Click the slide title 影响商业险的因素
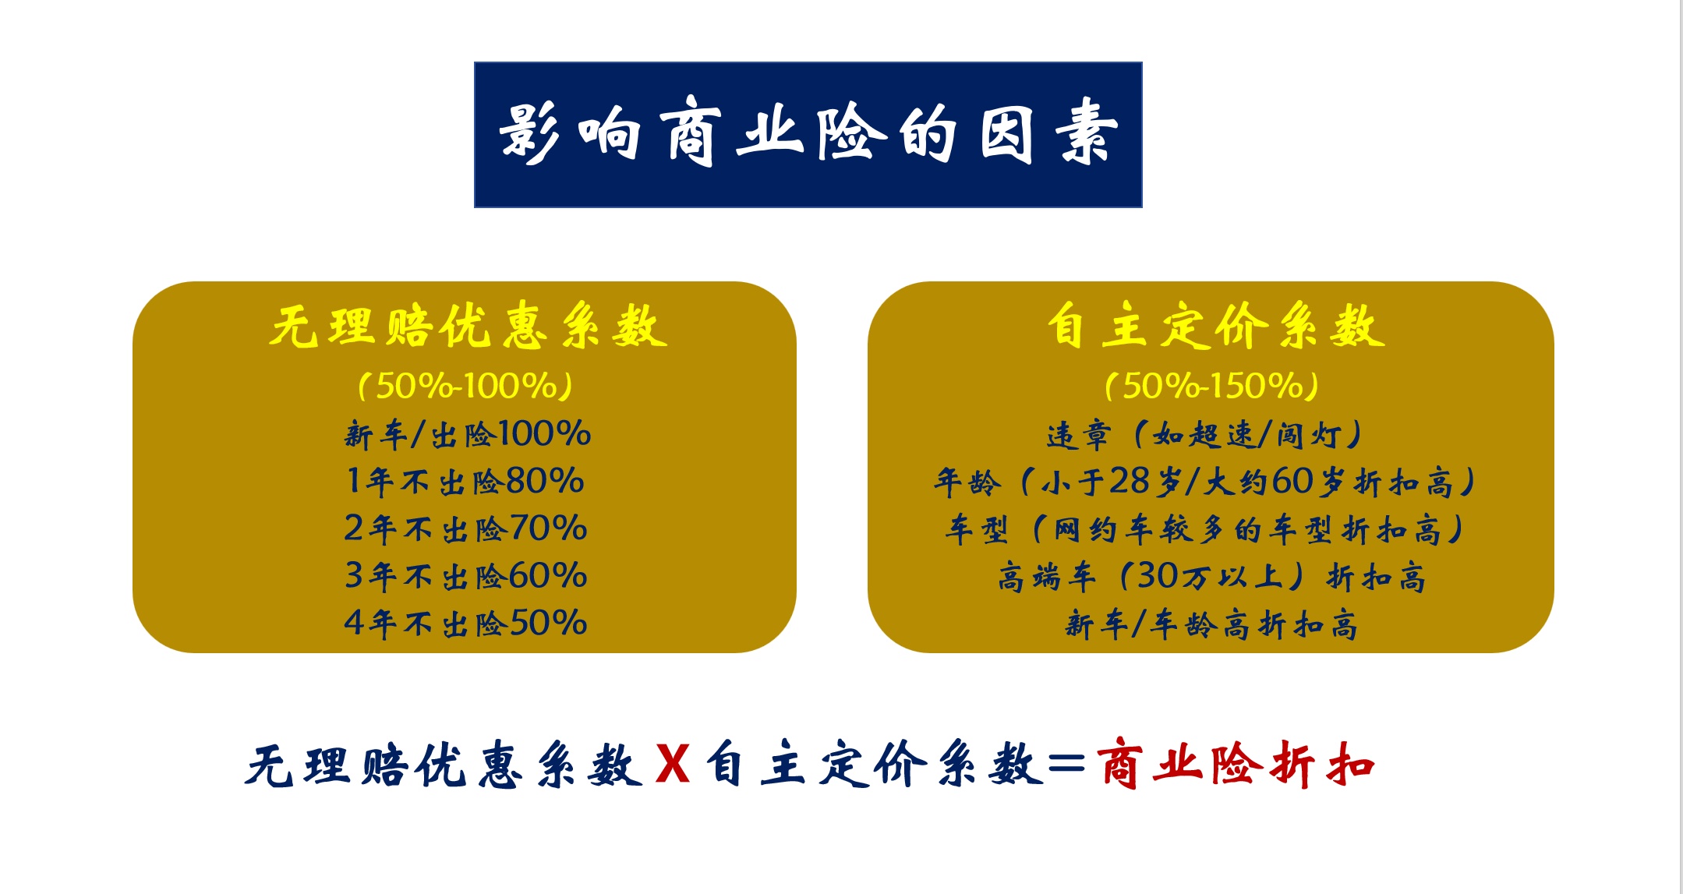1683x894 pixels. [808, 134]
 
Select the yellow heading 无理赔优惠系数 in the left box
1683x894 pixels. [468, 326]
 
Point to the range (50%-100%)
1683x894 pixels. [465, 386]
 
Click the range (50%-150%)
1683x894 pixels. [1211, 386]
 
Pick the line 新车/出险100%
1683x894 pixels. [467, 434]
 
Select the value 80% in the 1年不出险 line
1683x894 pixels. [545, 481]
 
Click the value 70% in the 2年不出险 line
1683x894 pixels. [548, 528]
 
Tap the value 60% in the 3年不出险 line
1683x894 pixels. [548, 576]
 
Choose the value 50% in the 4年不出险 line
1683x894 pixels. [548, 624]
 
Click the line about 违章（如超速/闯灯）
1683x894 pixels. [1204, 435]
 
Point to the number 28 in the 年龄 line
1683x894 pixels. [1130, 482]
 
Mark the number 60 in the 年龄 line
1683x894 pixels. [1292, 482]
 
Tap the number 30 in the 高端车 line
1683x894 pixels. [1158, 576]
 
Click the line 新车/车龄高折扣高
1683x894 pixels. [1211, 624]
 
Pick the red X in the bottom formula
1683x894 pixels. [673, 765]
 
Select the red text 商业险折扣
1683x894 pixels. [1235, 765]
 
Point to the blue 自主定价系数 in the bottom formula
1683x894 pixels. [875, 765]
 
